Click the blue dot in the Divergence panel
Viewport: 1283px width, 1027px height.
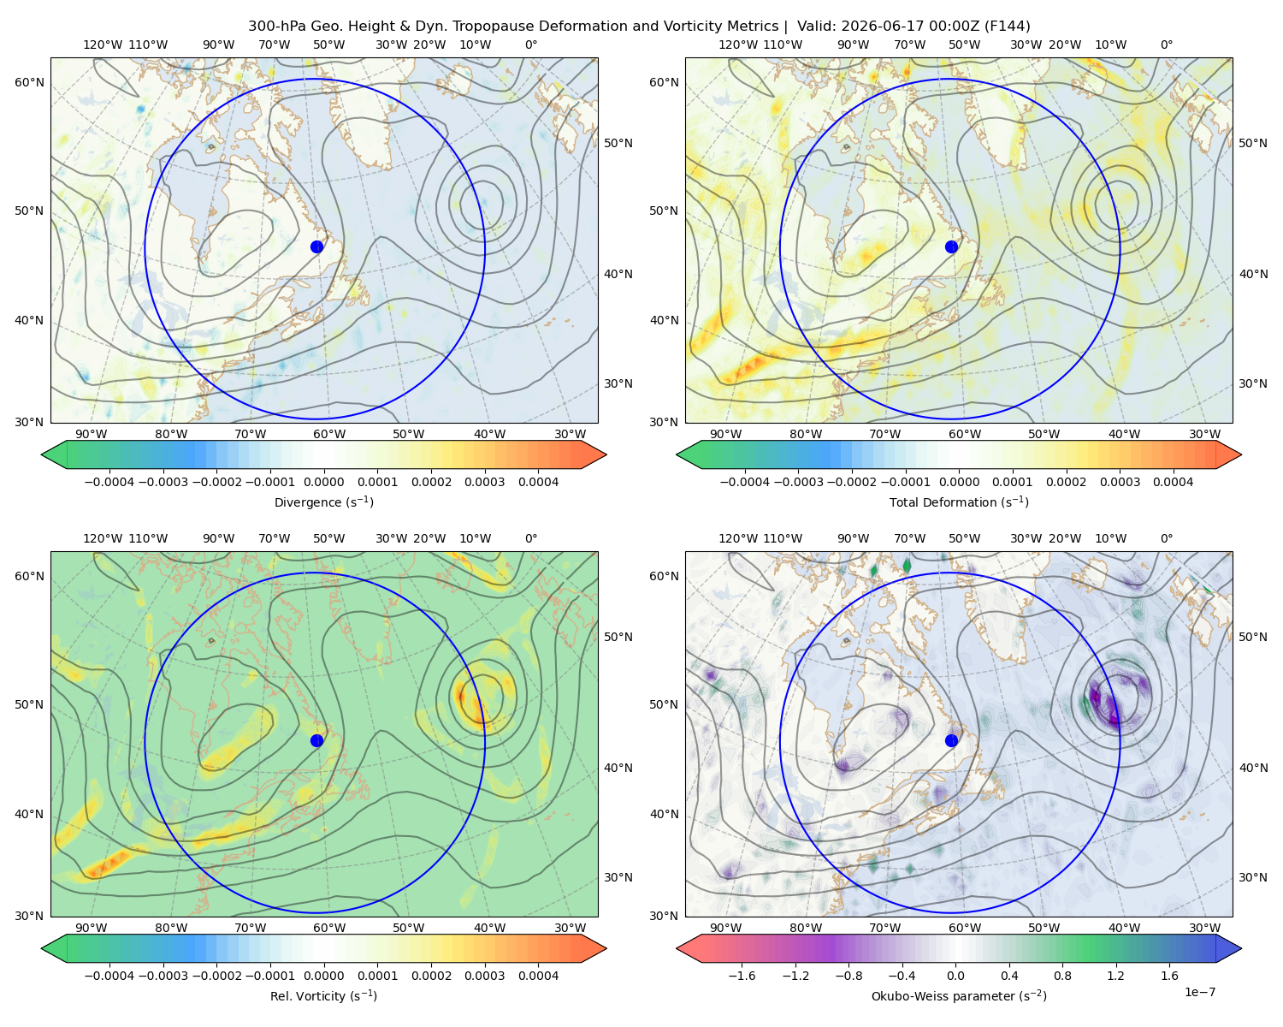(316, 246)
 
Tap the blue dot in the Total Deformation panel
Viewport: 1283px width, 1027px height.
(951, 246)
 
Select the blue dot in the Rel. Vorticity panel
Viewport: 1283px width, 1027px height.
(316, 740)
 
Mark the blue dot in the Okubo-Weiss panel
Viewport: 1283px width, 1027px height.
(951, 740)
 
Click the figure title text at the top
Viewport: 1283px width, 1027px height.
(639, 27)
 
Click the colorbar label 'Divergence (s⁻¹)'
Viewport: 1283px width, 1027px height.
(323, 502)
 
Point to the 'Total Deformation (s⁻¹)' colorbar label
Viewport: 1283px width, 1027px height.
(959, 502)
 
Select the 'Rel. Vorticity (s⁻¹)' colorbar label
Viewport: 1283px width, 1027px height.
(323, 995)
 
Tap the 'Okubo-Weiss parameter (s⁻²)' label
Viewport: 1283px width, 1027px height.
(959, 995)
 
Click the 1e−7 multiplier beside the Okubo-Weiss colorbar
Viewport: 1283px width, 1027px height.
(1199, 992)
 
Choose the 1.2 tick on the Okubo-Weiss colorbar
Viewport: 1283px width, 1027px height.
(1115, 975)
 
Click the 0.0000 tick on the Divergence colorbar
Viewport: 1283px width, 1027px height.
(323, 482)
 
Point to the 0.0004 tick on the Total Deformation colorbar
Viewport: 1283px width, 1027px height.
(1173, 482)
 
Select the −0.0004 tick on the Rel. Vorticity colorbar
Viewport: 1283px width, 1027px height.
(109, 975)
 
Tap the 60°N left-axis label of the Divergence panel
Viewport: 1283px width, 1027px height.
(29, 82)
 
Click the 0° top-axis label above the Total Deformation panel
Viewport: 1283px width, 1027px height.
(1166, 45)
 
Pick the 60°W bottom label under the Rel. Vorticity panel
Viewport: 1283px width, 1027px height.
(329, 928)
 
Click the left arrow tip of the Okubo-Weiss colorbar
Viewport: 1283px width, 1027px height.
(677, 947)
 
